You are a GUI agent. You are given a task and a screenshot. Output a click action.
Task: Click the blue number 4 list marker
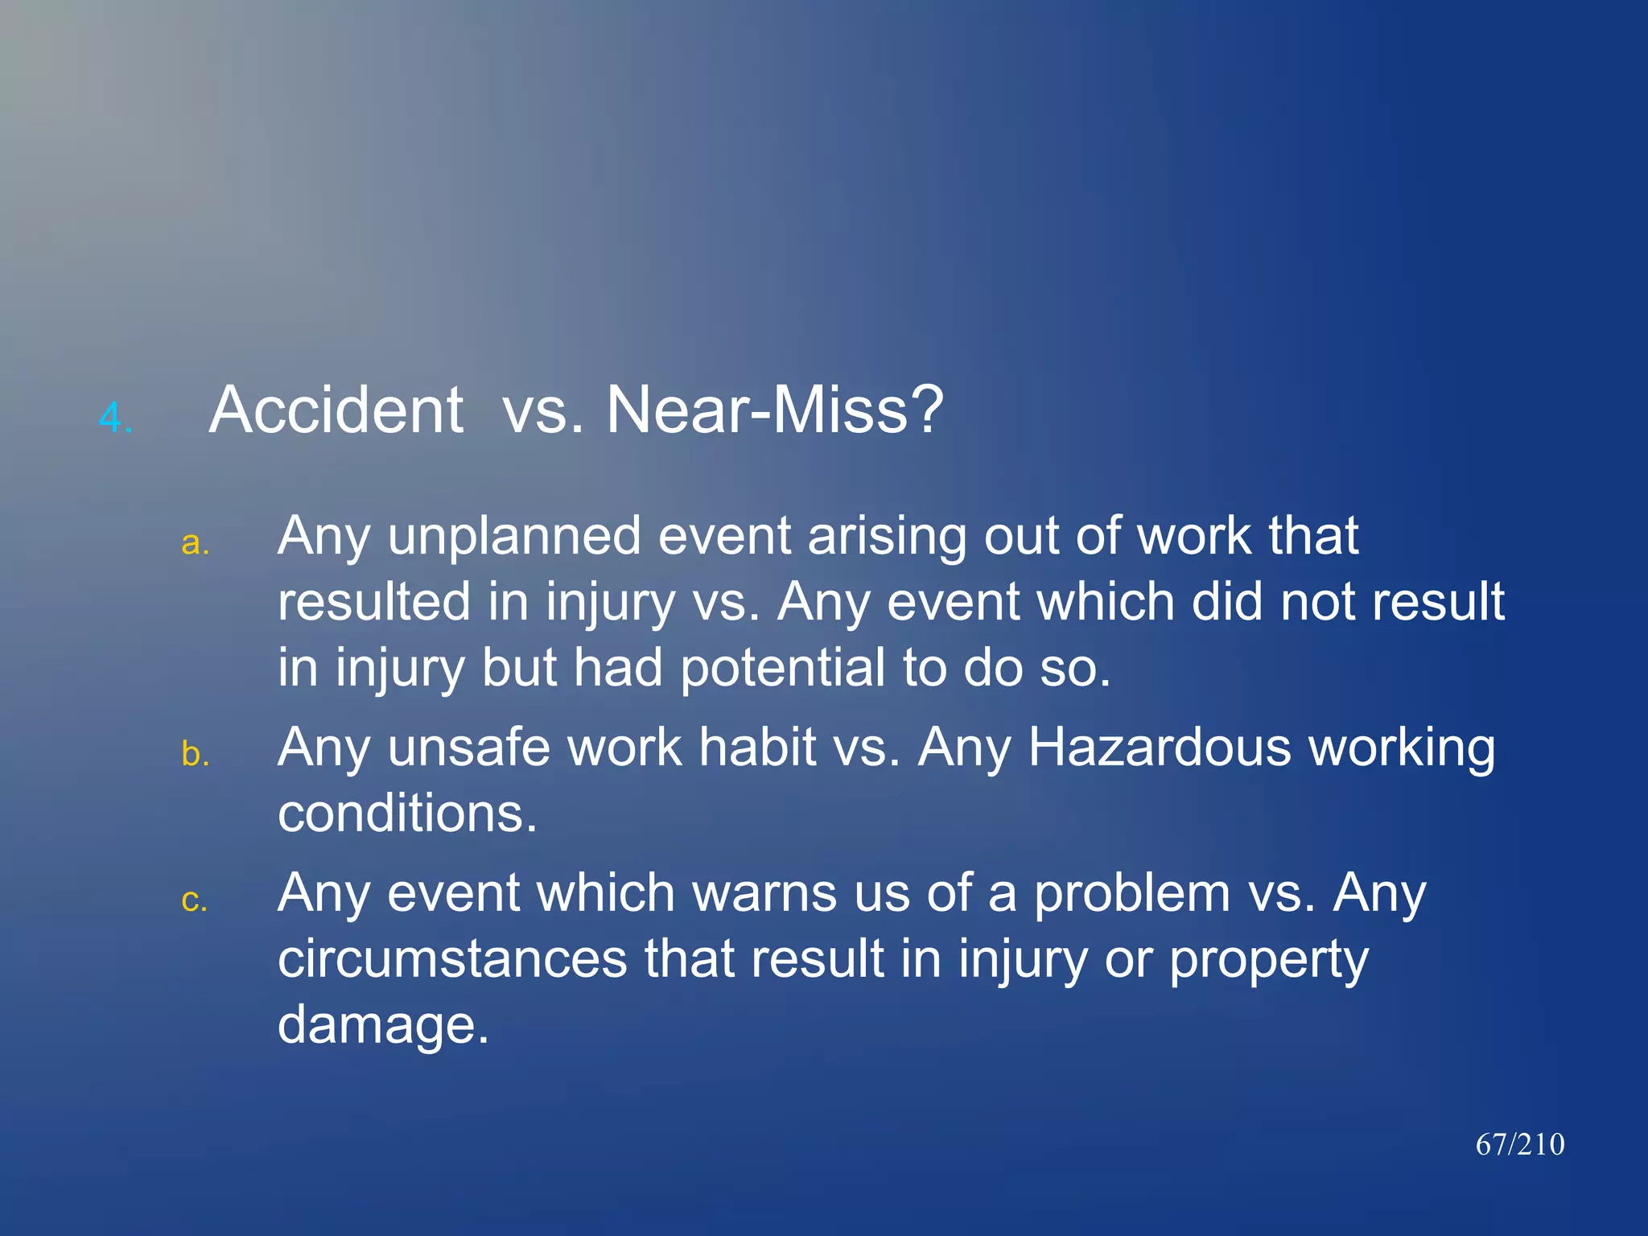click(114, 418)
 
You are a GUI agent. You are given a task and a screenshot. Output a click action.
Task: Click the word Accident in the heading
click(336, 410)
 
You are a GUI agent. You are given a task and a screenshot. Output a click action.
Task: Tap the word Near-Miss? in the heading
click(774, 410)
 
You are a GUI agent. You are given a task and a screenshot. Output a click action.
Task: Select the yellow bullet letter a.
click(195, 543)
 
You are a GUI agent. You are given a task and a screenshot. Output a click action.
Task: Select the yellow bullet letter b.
click(195, 753)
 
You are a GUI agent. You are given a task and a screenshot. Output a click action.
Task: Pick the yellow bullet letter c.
click(195, 900)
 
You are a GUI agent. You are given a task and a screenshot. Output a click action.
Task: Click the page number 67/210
click(1519, 1144)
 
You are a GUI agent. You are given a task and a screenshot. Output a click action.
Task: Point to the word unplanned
click(514, 536)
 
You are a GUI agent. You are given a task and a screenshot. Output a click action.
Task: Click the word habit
click(757, 748)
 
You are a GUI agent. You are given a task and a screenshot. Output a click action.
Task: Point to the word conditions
click(406, 814)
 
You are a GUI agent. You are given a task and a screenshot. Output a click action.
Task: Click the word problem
click(1132, 895)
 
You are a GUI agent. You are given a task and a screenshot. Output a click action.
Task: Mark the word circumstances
click(452, 959)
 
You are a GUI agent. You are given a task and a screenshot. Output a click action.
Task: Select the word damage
click(382, 1026)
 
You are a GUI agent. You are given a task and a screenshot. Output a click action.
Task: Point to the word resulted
click(374, 602)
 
